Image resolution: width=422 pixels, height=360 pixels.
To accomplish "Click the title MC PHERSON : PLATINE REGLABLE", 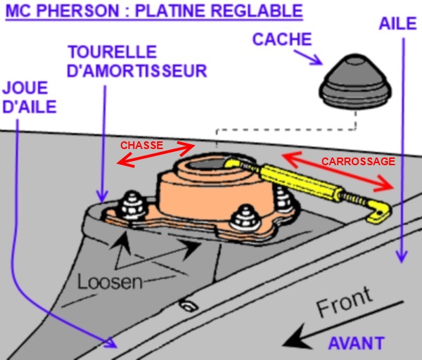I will click(154, 12).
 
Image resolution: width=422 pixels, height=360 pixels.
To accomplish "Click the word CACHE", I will click(281, 39).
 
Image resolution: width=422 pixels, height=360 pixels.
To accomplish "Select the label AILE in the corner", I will click(394, 23).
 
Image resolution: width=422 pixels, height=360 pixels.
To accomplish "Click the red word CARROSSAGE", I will click(358, 161).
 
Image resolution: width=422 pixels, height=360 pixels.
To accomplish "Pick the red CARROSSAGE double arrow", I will click(338, 171).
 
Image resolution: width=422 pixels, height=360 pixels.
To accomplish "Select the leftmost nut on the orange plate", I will click(132, 205).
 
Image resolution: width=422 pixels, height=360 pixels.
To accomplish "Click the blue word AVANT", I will click(356, 342).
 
